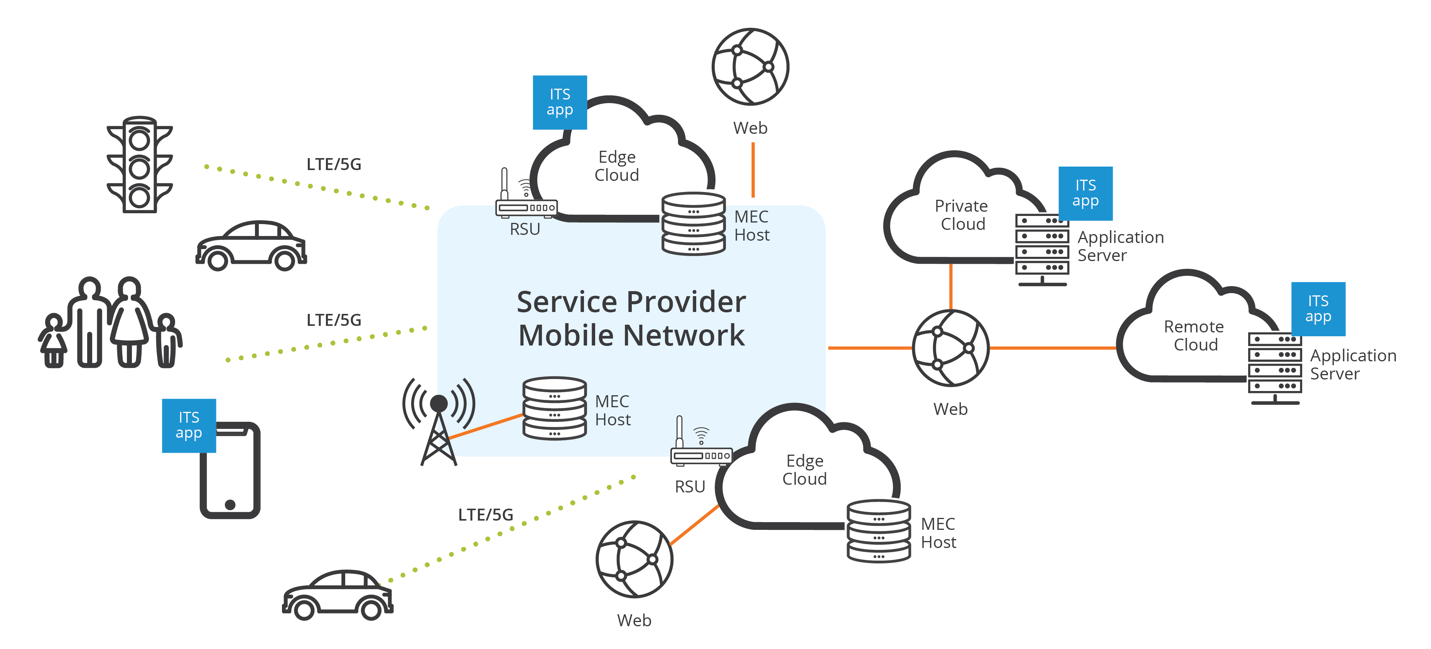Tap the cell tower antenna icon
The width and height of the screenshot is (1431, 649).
click(x=439, y=422)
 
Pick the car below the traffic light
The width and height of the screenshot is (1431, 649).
click(x=251, y=246)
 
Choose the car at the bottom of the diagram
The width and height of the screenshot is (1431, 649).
click(x=338, y=595)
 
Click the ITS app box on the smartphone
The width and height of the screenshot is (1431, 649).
click(x=189, y=425)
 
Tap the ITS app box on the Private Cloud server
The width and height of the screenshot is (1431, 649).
click(x=1085, y=193)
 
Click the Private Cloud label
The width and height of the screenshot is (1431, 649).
click(x=962, y=215)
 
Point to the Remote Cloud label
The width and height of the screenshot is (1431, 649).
click(x=1194, y=335)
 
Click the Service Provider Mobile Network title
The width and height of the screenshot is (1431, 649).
click(x=631, y=319)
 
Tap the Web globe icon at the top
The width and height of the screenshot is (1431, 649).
click(x=751, y=67)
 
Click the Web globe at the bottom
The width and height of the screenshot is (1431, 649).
click(x=634, y=559)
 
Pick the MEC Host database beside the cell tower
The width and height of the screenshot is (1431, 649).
click(x=554, y=409)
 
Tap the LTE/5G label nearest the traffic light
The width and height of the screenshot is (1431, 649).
click(x=334, y=164)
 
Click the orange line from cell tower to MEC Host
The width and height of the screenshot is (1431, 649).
click(x=485, y=426)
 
